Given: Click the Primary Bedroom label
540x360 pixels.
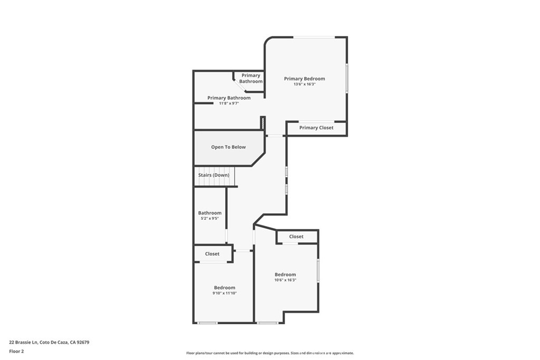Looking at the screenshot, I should click(304, 79).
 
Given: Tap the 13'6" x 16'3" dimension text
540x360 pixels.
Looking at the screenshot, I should click(304, 84).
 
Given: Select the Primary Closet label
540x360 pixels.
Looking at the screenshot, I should click(316, 128).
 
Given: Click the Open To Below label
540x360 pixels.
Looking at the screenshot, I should click(228, 147).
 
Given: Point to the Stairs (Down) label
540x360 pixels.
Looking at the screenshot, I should click(214, 175).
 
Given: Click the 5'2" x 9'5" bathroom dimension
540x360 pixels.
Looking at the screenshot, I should click(210, 218).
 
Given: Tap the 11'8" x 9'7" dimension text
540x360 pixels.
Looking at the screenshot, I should click(229, 103).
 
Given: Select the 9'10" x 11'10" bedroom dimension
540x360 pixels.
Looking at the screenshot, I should click(225, 293).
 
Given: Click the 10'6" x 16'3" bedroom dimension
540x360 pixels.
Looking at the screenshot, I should click(285, 280).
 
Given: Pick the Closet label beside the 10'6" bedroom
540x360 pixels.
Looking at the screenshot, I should click(296, 237).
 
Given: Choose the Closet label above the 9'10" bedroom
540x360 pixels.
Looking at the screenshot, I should click(213, 254).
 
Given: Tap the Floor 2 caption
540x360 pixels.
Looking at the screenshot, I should click(17, 351).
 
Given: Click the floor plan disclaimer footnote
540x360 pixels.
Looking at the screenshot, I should click(270, 353).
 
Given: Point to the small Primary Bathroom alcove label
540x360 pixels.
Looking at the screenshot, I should click(250, 79).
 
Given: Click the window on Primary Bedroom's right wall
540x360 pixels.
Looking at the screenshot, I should click(346, 78).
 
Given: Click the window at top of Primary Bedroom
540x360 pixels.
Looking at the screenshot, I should click(314, 37).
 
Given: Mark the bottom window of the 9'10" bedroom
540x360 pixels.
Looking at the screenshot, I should click(207, 323).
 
